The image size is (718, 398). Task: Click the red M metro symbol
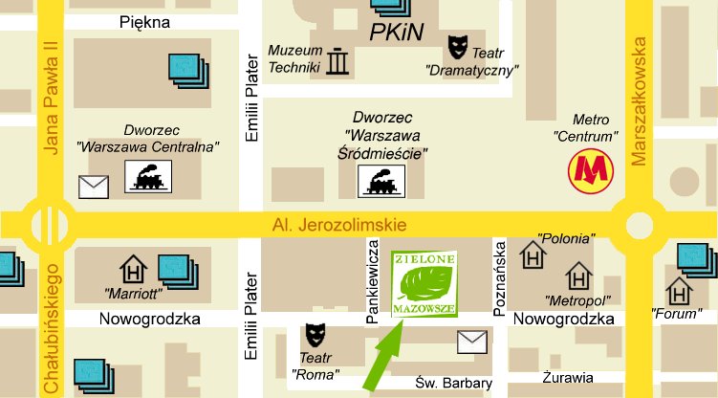point(589,173)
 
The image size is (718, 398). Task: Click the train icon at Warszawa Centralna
point(148,177)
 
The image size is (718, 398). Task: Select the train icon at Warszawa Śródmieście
point(381,181)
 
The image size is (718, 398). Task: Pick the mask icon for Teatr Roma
point(314,335)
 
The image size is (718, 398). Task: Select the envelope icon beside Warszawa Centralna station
point(94,186)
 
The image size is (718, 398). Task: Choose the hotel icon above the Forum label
point(680,289)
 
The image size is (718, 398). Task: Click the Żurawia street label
point(565,376)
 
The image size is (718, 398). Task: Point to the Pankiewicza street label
point(374,284)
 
